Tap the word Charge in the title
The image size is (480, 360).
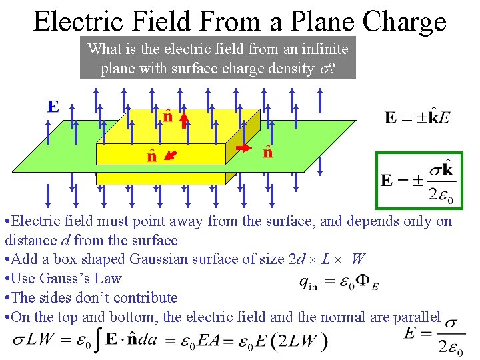pyautogui.click(x=405, y=23)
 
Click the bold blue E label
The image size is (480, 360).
pyautogui.click(x=53, y=106)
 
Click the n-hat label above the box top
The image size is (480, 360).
pyautogui.click(x=168, y=117)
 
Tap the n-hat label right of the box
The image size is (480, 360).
pyautogui.click(x=267, y=152)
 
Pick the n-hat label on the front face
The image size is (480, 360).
pyautogui.click(x=151, y=157)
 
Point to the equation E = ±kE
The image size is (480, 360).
pyautogui.click(x=417, y=118)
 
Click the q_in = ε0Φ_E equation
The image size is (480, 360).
pyautogui.click(x=339, y=283)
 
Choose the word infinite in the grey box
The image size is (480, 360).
pyautogui.click(x=324, y=49)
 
